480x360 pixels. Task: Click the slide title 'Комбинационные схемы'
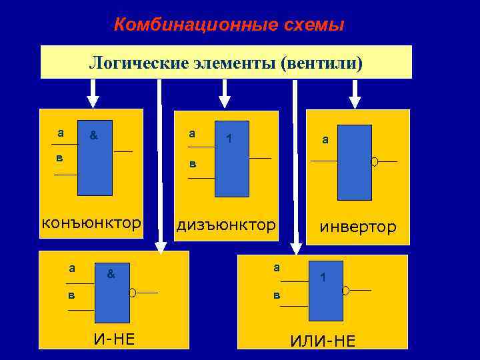click(229, 25)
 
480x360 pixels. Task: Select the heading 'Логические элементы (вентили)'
click(226, 63)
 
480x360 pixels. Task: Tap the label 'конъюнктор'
click(91, 223)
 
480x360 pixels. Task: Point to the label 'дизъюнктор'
click(225, 225)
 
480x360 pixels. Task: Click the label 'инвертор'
click(357, 227)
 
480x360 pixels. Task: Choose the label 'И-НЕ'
click(114, 339)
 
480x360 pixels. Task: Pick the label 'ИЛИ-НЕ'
click(323, 341)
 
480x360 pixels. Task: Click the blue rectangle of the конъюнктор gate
click(95, 158)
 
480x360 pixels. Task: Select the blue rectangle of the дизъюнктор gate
click(231, 159)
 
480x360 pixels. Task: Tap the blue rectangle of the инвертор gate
click(354, 162)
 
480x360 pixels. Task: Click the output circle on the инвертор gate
click(375, 161)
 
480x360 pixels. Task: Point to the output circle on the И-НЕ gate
click(133, 293)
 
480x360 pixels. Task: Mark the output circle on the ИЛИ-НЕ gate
click(345, 291)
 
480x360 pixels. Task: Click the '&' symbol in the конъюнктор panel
click(94, 135)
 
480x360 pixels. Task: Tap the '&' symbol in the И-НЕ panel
click(111, 274)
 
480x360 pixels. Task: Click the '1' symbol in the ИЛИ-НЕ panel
click(323, 277)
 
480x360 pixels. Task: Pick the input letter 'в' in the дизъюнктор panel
click(192, 164)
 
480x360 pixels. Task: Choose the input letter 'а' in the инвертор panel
click(325, 139)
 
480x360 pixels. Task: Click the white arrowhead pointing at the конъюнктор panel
click(93, 101)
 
